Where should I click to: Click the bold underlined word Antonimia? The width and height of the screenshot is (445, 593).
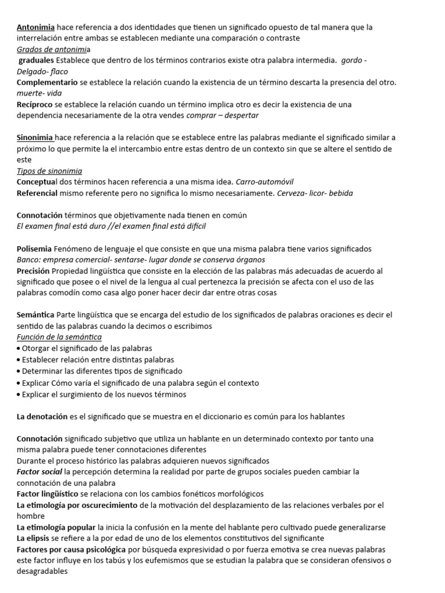click(x=36, y=27)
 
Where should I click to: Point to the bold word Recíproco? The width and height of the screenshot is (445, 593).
click(x=35, y=104)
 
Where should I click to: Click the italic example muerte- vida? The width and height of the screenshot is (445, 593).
click(x=39, y=93)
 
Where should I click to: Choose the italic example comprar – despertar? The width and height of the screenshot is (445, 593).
click(x=222, y=115)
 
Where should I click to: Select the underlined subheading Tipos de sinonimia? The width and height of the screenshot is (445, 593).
click(x=49, y=171)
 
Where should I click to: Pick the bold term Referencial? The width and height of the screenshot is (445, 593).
click(x=37, y=193)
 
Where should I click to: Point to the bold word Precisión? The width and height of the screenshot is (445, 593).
click(x=33, y=270)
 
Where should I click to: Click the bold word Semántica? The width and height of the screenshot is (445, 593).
click(x=36, y=314)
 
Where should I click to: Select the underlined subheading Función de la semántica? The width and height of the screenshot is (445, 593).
click(x=59, y=337)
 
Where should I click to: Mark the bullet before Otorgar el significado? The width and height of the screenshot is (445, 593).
click(x=19, y=349)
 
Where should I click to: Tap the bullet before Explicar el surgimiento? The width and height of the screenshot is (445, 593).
click(x=19, y=394)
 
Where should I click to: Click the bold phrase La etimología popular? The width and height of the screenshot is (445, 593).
click(x=56, y=527)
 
